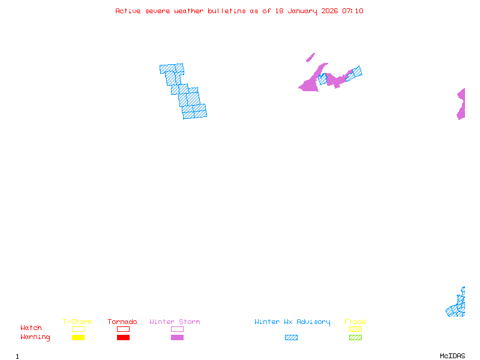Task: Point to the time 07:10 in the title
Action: [353, 11]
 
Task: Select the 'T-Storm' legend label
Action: [77, 322]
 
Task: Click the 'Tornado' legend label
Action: [122, 322]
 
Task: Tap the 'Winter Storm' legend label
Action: [175, 322]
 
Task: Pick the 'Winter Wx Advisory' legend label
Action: [292, 322]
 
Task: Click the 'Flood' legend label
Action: [355, 322]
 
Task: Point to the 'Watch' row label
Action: [31, 328]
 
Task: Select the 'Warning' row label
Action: [35, 337]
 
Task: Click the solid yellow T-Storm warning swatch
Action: [78, 337]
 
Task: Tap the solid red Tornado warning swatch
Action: [123, 337]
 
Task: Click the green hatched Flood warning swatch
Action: [355, 337]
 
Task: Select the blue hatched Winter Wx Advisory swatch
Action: [291, 337]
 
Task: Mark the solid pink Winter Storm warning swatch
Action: [177, 337]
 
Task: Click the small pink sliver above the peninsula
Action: [310, 58]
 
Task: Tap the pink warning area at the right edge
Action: [461, 104]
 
